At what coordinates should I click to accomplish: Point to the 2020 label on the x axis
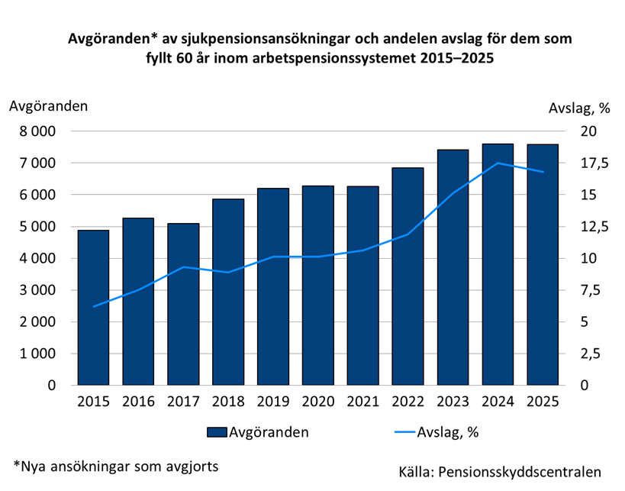pos(317,402)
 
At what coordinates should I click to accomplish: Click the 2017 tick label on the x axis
pos(182,402)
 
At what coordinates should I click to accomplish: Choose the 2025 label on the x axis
pos(543,402)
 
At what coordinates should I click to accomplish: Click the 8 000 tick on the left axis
pos(36,131)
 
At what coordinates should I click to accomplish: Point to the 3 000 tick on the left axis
pos(36,290)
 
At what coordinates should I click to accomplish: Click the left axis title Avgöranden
pos(48,106)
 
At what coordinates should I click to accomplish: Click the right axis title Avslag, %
pos(579,108)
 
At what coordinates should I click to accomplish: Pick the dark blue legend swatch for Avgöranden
pos(217,433)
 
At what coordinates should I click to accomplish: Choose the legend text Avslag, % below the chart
pos(447,432)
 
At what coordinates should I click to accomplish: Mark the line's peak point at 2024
pos(498,163)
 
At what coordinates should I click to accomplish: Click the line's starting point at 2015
pos(93,306)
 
